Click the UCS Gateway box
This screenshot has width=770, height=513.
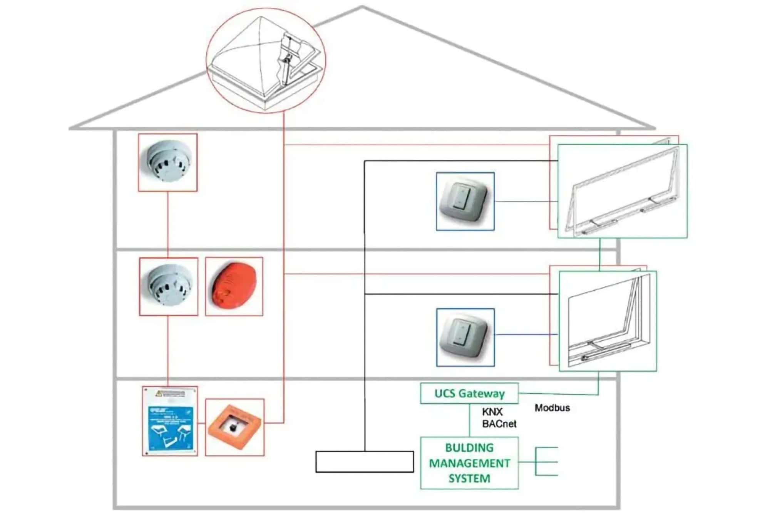coord(469,393)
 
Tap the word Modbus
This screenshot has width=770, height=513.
coord(552,408)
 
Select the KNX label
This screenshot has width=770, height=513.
coord(492,412)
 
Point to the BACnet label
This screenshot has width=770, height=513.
coord(499,424)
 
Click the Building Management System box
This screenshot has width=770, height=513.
coord(469,463)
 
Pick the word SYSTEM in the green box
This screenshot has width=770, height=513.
coord(469,479)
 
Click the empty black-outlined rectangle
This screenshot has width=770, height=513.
coord(364,462)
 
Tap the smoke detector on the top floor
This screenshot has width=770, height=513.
coord(167,162)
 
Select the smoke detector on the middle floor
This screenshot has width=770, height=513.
coord(169,287)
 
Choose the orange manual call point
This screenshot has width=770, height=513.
coord(234,427)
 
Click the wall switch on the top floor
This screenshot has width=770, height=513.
coord(465,201)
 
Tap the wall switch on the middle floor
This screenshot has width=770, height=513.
coord(465,338)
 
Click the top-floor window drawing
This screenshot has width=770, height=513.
coord(622,191)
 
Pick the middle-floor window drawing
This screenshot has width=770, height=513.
coord(608,321)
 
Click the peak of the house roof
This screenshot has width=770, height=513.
coord(362,7)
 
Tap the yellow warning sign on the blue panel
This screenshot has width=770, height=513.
coord(169,393)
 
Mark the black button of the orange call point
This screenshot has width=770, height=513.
coord(233,428)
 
